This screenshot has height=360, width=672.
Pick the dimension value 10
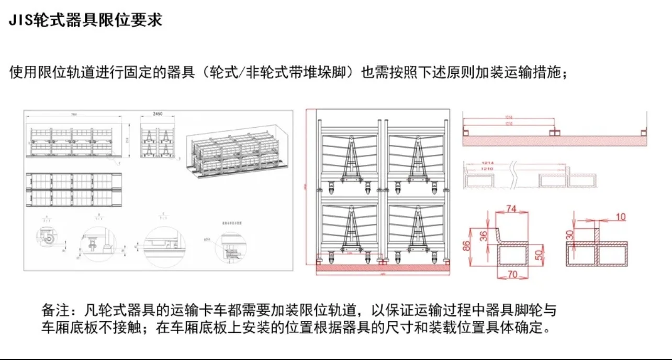click(620, 216)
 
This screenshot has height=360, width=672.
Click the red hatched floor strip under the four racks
click(383, 267)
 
